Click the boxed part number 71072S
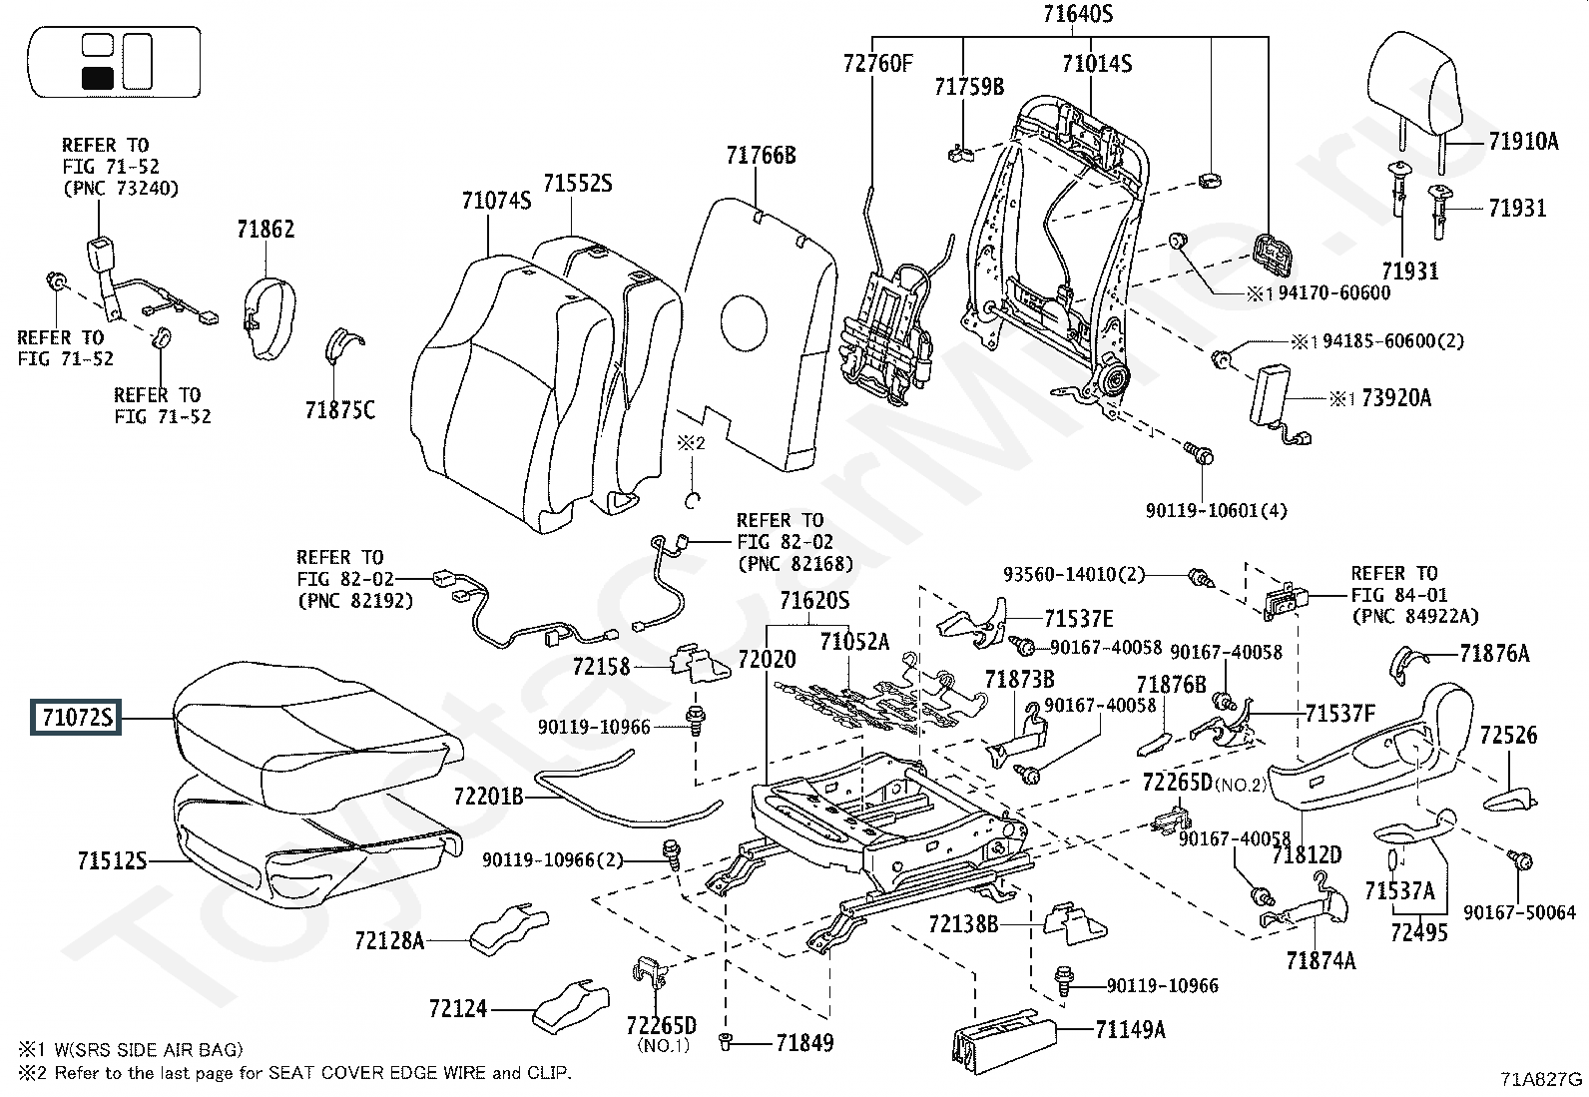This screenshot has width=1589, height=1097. tap(76, 718)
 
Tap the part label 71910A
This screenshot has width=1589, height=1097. tap(1522, 142)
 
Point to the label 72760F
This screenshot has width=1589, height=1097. tap(877, 65)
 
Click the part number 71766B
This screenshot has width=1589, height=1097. tap(761, 156)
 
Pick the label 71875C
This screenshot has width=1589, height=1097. tap(340, 410)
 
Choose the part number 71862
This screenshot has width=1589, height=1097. tap(265, 230)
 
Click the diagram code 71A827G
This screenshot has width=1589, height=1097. tap(1540, 1079)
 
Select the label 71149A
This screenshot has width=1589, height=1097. tap(1130, 1029)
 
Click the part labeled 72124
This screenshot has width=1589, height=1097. tap(458, 1010)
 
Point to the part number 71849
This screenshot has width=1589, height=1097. tap(804, 1043)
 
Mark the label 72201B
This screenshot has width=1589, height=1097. tap(488, 797)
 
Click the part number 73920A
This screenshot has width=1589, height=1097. tap(1395, 398)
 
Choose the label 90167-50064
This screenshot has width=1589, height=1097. tap(1519, 912)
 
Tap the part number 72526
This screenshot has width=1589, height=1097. tap(1508, 736)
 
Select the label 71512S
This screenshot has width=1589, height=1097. tap(112, 860)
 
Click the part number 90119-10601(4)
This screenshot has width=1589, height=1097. tap(1216, 511)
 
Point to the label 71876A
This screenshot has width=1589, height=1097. tap(1493, 654)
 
